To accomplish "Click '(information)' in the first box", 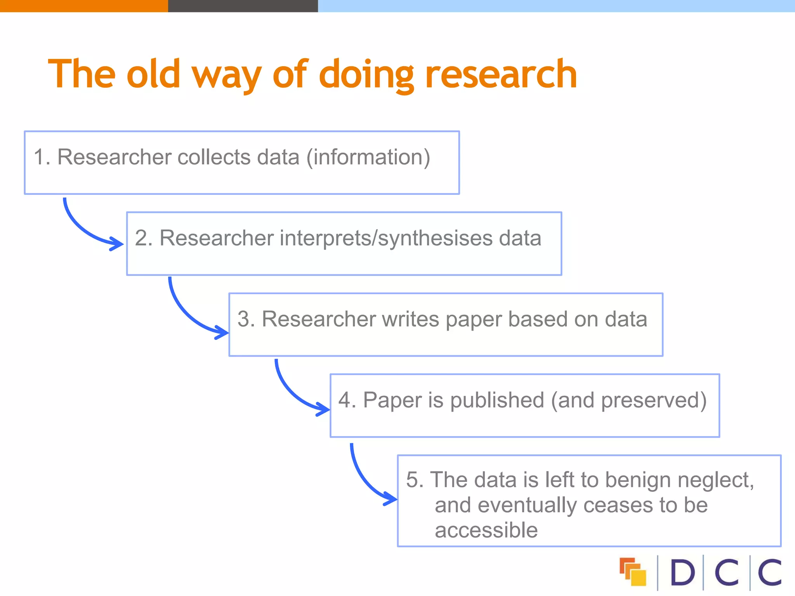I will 368,157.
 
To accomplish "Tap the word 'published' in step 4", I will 497,400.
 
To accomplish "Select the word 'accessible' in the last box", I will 486,530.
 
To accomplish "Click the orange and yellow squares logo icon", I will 633,572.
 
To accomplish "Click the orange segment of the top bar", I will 84,6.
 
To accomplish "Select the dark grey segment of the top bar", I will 243,6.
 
